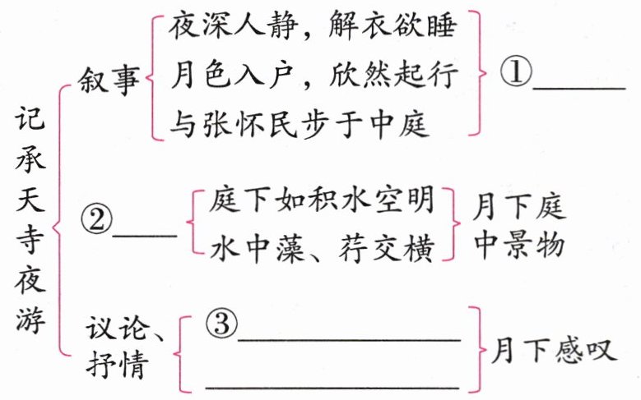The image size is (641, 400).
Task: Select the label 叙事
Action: click(109, 81)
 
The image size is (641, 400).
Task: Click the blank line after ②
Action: click(144, 234)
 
